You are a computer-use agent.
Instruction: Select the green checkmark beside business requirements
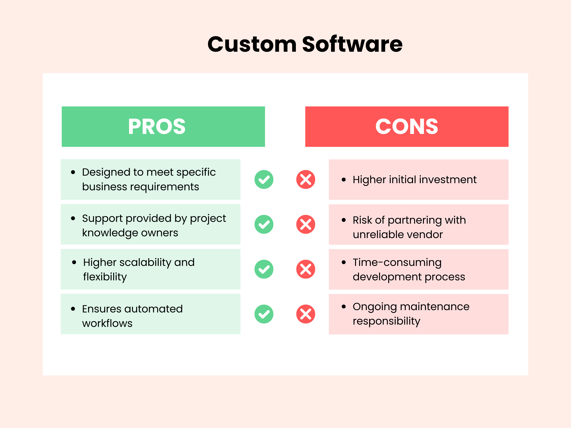click(264, 180)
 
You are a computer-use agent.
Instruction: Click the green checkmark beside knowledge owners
click(264, 224)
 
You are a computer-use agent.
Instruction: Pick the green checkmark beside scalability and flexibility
click(264, 269)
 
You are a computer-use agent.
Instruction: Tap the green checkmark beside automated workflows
click(264, 314)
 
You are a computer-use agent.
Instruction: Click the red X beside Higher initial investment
click(306, 180)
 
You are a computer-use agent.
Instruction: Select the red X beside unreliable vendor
click(306, 224)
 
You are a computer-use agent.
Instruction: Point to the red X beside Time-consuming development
click(306, 269)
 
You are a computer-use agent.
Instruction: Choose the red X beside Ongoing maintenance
click(306, 314)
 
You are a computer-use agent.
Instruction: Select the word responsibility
click(386, 321)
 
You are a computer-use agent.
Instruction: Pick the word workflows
click(107, 323)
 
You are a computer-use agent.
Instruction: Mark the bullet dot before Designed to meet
click(73, 172)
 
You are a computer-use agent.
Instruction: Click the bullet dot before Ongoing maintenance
click(343, 307)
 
